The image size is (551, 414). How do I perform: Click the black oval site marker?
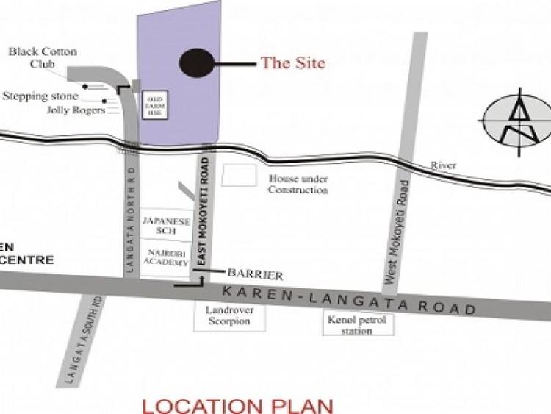[196, 63]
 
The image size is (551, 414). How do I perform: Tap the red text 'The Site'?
[292, 63]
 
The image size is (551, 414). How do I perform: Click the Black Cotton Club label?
[43, 57]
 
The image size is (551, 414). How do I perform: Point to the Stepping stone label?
[40, 96]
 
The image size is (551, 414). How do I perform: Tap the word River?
[443, 166]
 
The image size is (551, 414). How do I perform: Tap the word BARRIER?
[256, 275]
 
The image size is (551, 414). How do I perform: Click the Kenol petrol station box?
[359, 324]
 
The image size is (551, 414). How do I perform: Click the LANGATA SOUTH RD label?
[83, 338]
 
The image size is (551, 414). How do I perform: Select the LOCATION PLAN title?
[237, 404]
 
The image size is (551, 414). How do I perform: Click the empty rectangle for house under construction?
[240, 175]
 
